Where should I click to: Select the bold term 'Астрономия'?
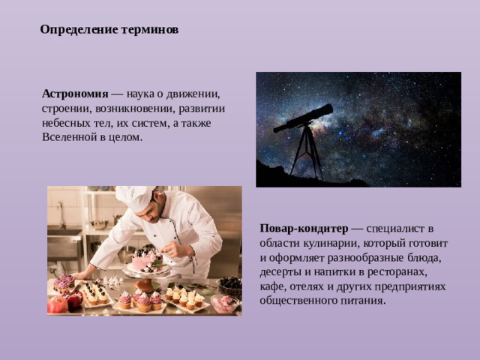point(76,94)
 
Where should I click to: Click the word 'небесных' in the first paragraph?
point(66,124)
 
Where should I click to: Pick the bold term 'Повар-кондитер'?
point(304,228)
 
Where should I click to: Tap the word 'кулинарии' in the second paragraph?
point(335,243)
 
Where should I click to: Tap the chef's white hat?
point(136,198)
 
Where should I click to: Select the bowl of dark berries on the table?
point(230,283)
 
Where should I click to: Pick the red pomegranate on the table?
point(58,304)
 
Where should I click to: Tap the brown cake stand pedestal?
point(145,286)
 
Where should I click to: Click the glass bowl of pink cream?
point(224,303)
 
